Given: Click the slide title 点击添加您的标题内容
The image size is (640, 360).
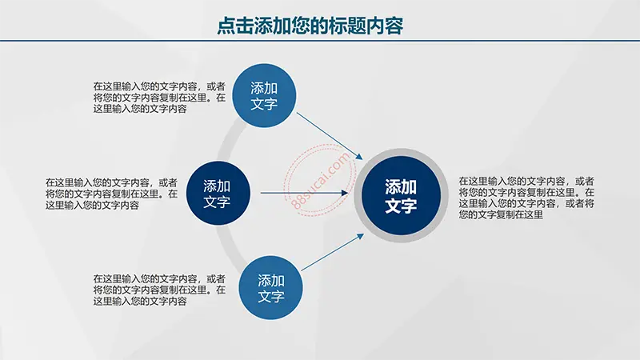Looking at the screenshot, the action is [310, 26].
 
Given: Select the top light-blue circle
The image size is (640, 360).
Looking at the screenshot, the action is [264, 95].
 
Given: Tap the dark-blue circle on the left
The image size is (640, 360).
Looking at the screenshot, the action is [218, 193].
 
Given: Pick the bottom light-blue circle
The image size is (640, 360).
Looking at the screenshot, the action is [270, 288].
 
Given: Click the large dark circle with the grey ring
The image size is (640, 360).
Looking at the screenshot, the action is [402, 195].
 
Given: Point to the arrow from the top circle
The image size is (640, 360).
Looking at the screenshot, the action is [330, 136].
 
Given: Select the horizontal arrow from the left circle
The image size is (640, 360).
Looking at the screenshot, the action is [304, 193].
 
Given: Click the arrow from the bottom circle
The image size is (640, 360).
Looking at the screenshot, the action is [332, 252].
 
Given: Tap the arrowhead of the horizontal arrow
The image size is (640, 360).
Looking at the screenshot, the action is [345, 193].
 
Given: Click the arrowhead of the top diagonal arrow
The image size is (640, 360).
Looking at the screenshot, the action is [359, 157].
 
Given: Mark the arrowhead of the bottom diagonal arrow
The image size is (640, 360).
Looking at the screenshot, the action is [361, 236].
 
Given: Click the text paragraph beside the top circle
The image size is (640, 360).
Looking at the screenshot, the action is [159, 98].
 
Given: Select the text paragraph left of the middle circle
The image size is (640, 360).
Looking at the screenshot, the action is [111, 194].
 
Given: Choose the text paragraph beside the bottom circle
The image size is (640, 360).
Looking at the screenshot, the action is [159, 290].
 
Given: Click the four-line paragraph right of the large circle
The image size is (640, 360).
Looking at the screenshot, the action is [526, 198].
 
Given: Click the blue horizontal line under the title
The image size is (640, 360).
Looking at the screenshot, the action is [320, 41].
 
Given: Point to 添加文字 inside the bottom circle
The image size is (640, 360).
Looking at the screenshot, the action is [270, 288].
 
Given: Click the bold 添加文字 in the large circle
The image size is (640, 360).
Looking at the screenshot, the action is [401, 196].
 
